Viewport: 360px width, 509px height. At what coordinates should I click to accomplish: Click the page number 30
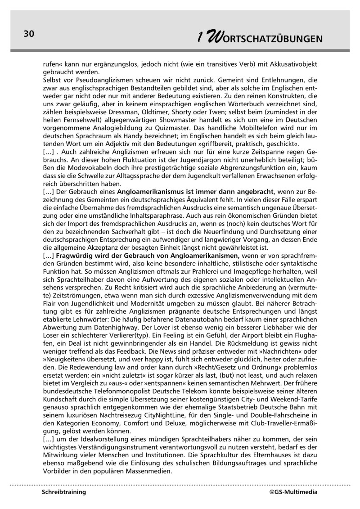(x=29, y=34)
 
